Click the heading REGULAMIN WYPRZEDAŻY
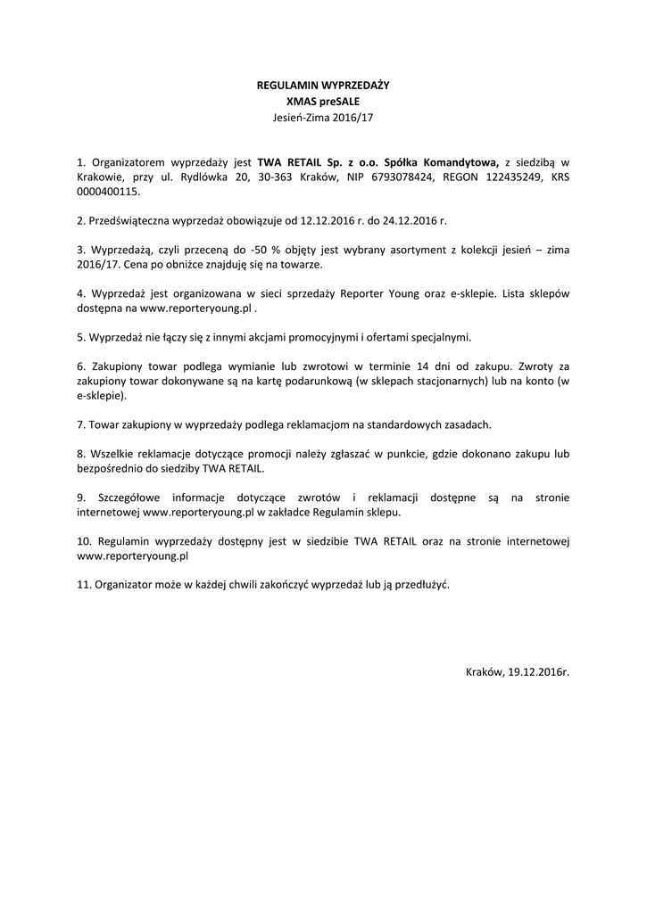(x=323, y=86)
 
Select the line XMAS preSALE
(x=323, y=102)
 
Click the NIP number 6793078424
(x=377, y=177)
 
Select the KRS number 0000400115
(x=109, y=192)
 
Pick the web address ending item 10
(x=133, y=556)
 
